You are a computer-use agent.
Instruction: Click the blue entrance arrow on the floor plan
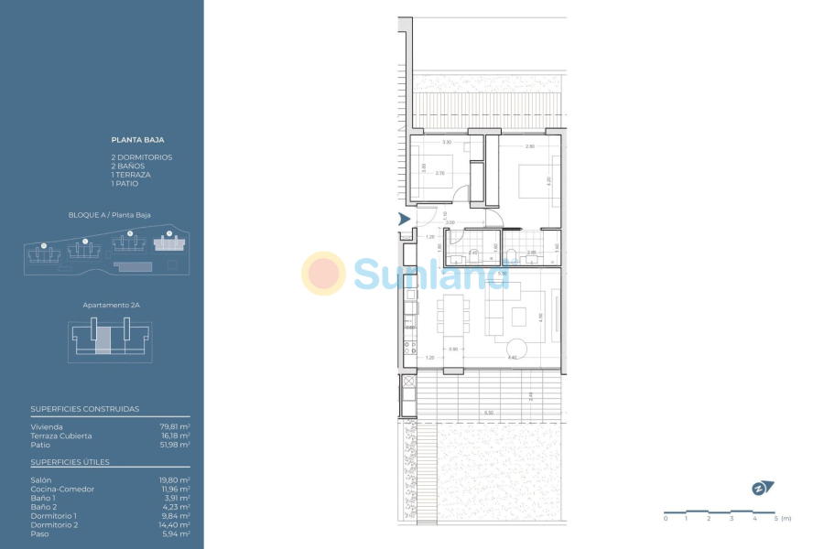(x=405, y=219)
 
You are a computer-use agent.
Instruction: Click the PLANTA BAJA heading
(x=137, y=140)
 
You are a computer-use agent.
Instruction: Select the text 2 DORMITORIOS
(x=141, y=157)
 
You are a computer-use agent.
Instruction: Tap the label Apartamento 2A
(x=109, y=304)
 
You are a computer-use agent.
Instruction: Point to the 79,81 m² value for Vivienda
(x=175, y=426)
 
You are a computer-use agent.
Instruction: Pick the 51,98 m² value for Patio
(x=175, y=445)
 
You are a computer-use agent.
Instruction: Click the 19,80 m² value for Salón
(x=175, y=479)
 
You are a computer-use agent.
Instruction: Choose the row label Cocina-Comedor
(x=62, y=489)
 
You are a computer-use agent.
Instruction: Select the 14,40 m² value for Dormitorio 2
(x=175, y=524)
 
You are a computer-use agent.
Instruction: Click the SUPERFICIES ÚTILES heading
(x=70, y=462)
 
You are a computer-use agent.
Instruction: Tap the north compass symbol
(x=762, y=488)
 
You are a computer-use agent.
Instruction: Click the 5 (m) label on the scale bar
(x=780, y=519)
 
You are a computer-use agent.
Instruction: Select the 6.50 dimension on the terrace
(x=488, y=414)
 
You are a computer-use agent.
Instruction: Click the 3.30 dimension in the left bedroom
(x=447, y=144)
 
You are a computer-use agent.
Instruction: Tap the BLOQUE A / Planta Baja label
(x=109, y=215)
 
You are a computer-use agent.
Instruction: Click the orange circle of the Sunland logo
(x=323, y=274)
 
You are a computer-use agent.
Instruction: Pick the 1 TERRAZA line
(x=131, y=175)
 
